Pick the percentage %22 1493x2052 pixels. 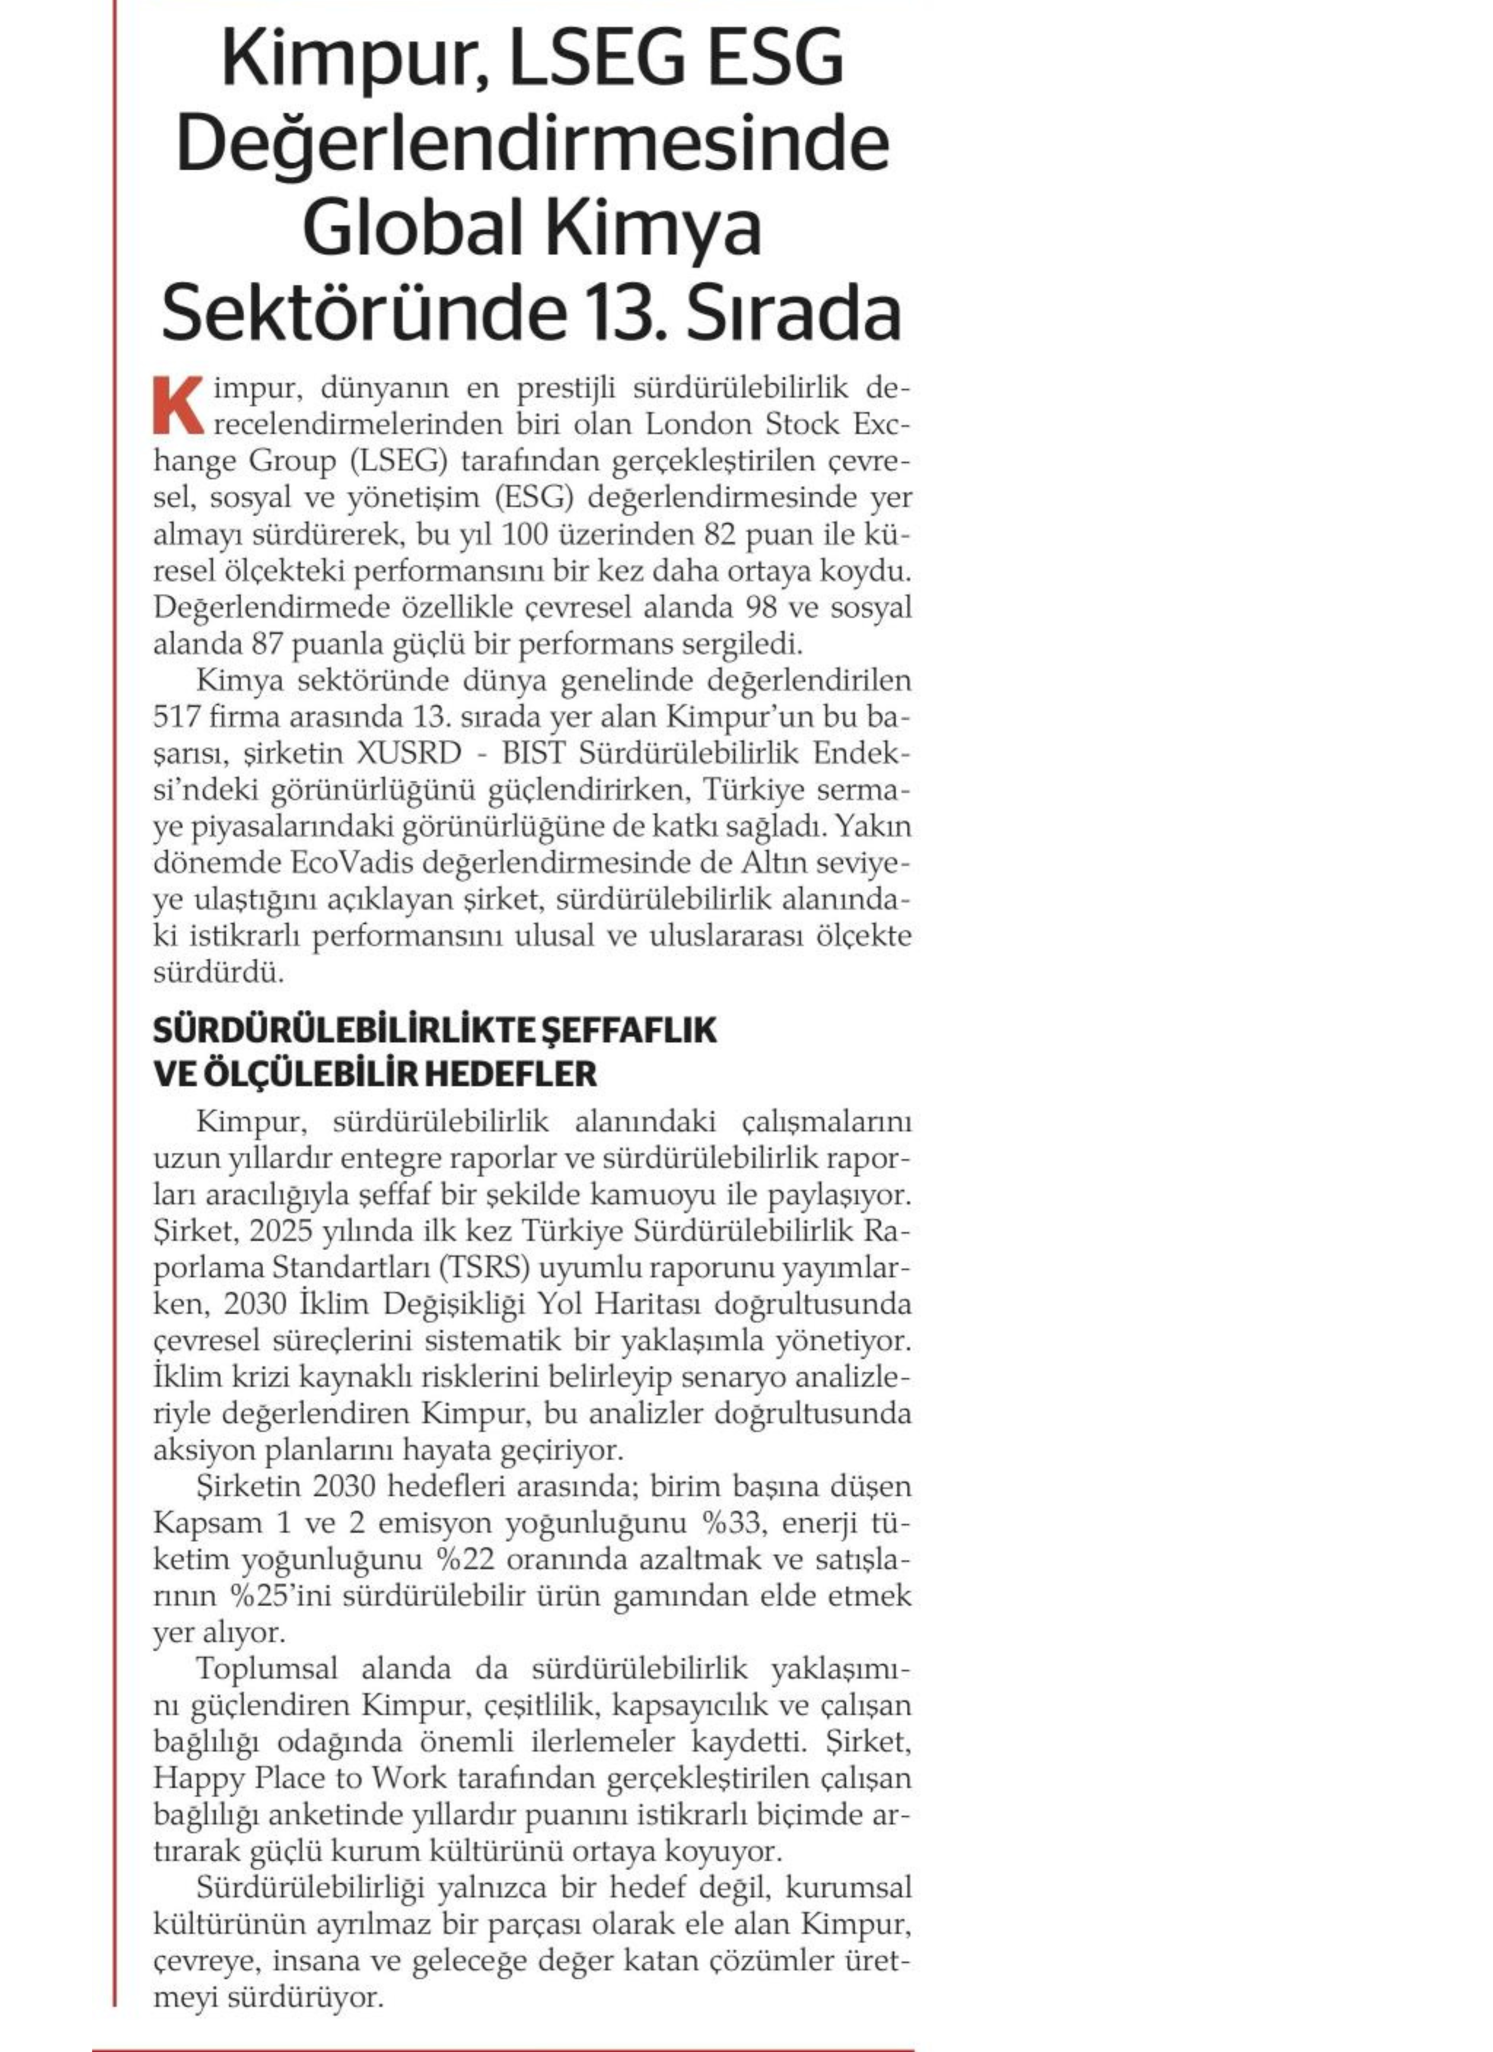coord(463,1561)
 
